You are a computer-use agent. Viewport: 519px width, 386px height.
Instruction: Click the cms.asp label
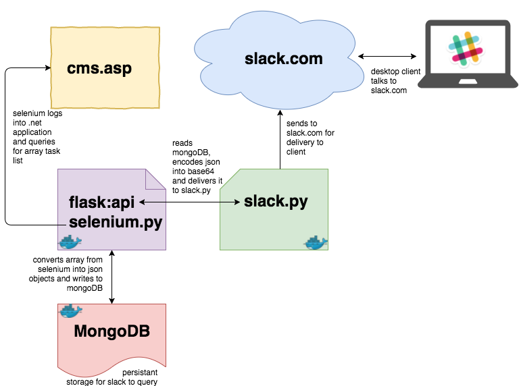[99, 68]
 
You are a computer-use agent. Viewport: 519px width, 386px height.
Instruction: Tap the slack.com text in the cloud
[283, 59]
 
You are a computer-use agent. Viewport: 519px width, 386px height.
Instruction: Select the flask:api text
[102, 202]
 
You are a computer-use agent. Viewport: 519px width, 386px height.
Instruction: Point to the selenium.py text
[116, 222]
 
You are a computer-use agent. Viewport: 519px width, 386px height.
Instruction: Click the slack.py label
[276, 201]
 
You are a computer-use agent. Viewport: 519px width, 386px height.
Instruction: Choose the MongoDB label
[112, 331]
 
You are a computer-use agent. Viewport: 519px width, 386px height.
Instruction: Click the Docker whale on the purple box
[70, 242]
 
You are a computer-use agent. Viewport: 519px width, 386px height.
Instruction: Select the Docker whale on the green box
[315, 242]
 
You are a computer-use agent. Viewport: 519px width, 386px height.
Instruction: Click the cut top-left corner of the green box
[227, 176]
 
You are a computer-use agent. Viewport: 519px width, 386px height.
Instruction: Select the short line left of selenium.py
[62, 223]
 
